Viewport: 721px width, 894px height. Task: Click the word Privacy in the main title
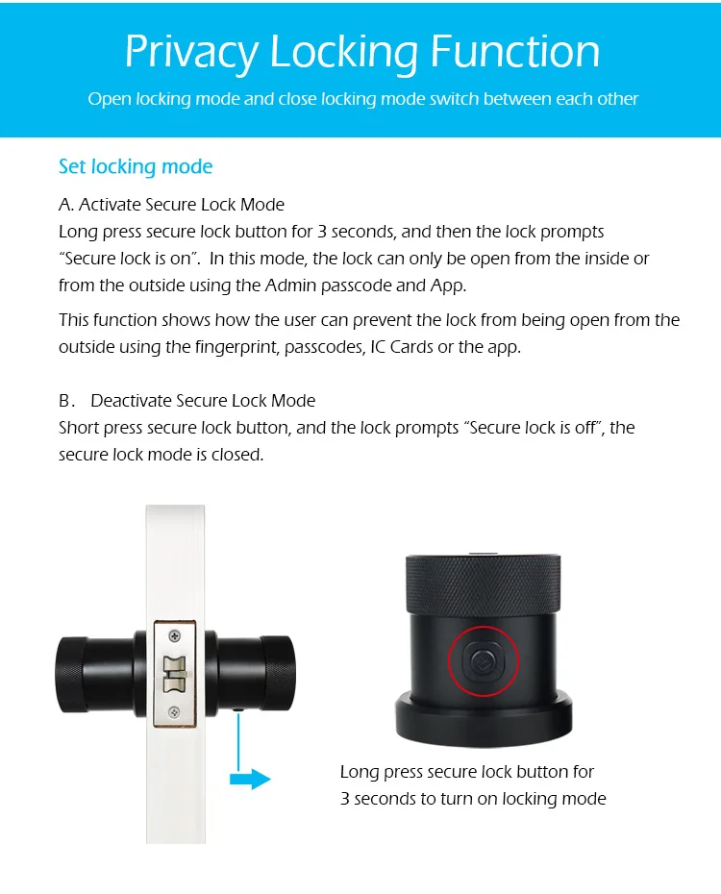[x=191, y=52]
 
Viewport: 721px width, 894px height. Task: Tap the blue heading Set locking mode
[x=136, y=166]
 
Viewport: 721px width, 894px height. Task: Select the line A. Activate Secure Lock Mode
[x=171, y=204]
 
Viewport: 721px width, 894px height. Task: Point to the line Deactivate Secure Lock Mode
[x=203, y=400]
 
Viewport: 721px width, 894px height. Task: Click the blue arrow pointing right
[x=251, y=779]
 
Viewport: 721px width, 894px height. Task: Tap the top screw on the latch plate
[x=174, y=635]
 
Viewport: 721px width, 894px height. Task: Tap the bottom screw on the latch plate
[x=174, y=712]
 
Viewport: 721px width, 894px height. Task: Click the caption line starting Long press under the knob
[x=467, y=772]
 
